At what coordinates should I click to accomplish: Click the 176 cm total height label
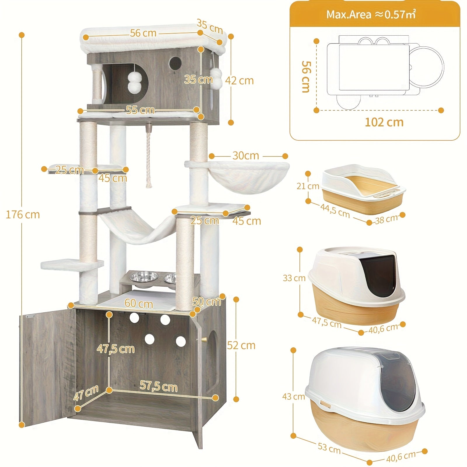click(x=23, y=215)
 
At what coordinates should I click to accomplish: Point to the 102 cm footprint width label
click(x=384, y=122)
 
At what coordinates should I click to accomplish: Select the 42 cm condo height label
click(x=239, y=81)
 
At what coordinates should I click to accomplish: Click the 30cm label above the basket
click(x=246, y=156)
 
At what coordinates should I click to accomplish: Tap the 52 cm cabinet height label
click(x=241, y=345)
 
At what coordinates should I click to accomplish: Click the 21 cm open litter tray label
click(x=308, y=186)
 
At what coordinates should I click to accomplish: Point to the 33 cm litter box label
click(x=294, y=278)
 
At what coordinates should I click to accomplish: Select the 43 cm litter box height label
click(x=294, y=397)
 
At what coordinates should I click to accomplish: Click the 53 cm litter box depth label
click(x=329, y=448)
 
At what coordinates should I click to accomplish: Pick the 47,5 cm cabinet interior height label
click(x=116, y=349)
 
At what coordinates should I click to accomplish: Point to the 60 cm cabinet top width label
click(x=139, y=304)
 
